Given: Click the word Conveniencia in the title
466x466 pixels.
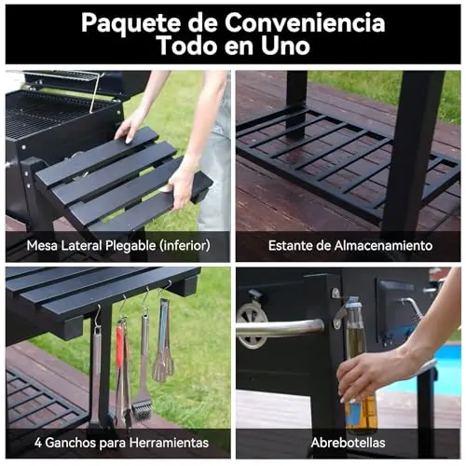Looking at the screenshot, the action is [x=305, y=22].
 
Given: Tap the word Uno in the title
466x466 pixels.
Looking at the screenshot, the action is [x=285, y=46].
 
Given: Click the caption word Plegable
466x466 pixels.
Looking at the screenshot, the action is [x=130, y=246].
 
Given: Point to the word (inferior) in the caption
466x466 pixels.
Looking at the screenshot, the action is [x=185, y=246].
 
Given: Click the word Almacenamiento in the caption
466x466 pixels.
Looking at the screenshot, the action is [x=383, y=246].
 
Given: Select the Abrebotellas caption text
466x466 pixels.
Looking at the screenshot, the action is [x=348, y=443].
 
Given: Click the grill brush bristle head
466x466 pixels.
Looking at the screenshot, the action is [x=143, y=410].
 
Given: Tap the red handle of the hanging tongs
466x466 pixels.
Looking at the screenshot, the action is [x=120, y=346].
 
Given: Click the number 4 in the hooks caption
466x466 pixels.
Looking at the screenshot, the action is [x=38, y=443].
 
